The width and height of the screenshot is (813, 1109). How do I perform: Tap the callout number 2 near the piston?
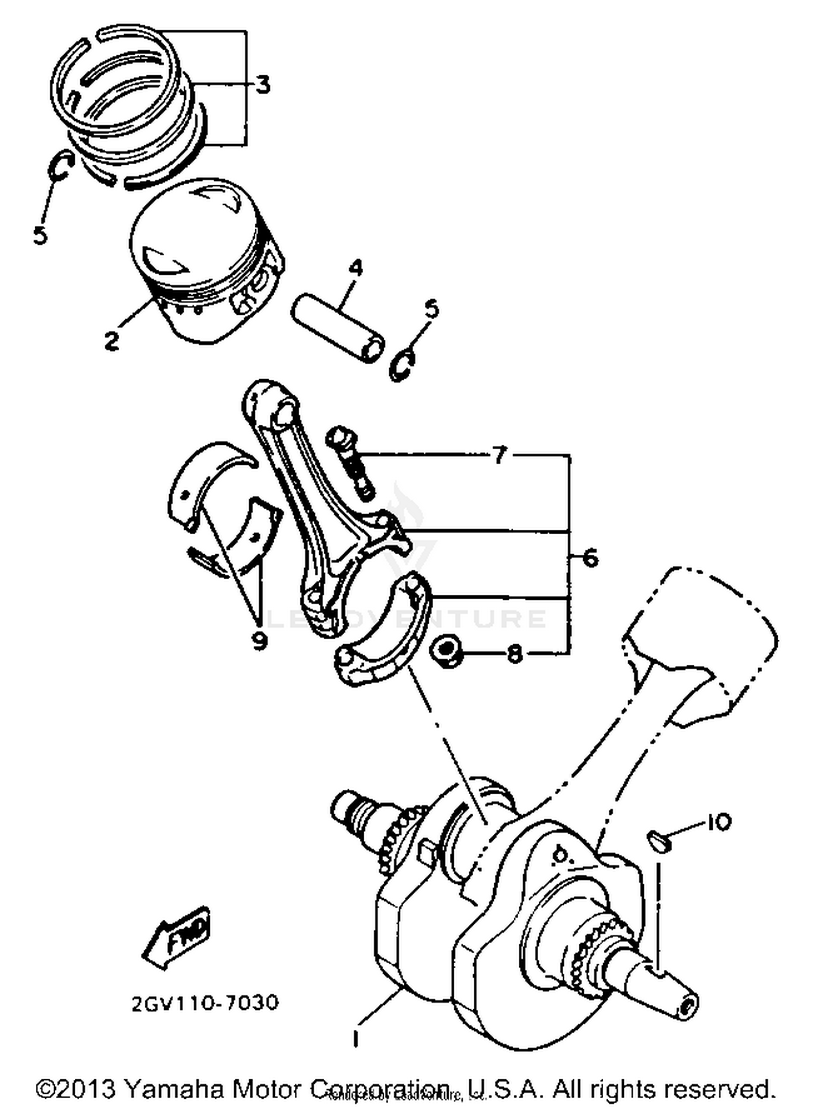tap(111, 340)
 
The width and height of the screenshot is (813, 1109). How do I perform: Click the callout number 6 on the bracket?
tap(589, 557)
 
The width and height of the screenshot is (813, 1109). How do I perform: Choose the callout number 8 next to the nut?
tap(514, 654)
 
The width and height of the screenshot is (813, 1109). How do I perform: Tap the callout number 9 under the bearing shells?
tap(260, 641)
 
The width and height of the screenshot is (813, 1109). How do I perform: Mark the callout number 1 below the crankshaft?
tap(356, 1037)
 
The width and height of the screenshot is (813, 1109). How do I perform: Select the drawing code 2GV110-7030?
tap(205, 1002)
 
